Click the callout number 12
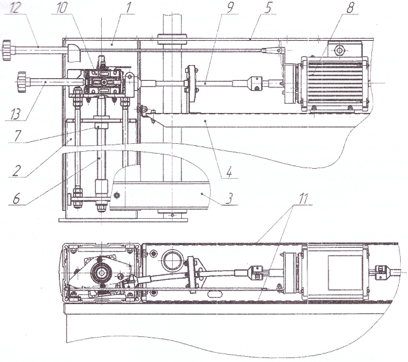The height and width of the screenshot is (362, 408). tap(14, 8)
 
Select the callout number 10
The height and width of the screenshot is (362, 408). tap(61, 8)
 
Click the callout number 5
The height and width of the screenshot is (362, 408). tap(267, 8)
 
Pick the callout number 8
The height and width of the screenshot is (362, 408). tap(350, 7)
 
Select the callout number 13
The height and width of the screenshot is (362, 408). tap(15, 114)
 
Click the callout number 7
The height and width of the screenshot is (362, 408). tap(18, 136)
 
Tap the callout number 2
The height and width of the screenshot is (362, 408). tap(16, 171)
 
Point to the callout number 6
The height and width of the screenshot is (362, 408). tap(16, 198)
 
